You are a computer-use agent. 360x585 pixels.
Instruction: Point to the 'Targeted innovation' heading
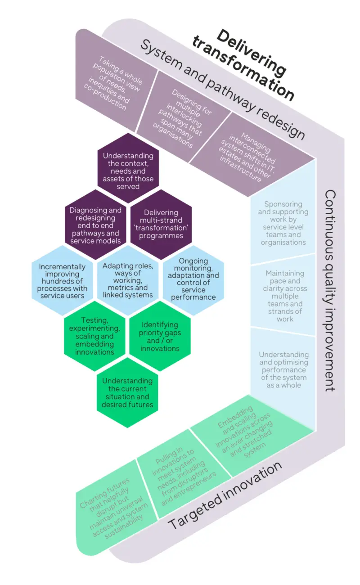coord(225,495)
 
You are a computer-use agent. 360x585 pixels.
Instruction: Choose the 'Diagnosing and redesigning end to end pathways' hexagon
coord(95,225)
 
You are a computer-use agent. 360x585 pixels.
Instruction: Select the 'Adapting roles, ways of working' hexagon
coord(128,280)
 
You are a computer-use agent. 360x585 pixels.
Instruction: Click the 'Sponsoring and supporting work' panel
coord(283,223)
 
